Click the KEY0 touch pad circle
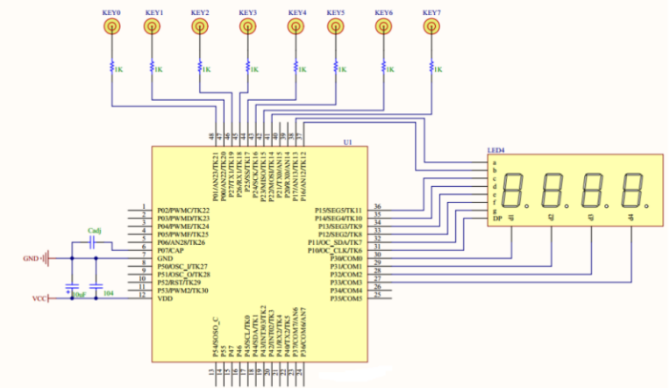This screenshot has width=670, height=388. coord(111,28)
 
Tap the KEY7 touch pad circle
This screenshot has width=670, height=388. coord(430,28)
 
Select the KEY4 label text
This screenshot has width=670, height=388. coord(297,13)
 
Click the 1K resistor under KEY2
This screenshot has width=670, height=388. coord(200,68)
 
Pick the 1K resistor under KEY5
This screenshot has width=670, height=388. coord(335,68)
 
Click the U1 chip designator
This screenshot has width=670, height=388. coord(348,140)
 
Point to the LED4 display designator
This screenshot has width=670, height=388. coord(497,149)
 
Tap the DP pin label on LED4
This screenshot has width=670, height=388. coord(497,219)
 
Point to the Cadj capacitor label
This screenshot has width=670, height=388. coord(96,231)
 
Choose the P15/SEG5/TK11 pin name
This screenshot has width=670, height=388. coord(338,211)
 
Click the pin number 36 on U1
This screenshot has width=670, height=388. coord(377,207)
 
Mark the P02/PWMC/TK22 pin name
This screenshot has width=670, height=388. coord(183,211)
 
